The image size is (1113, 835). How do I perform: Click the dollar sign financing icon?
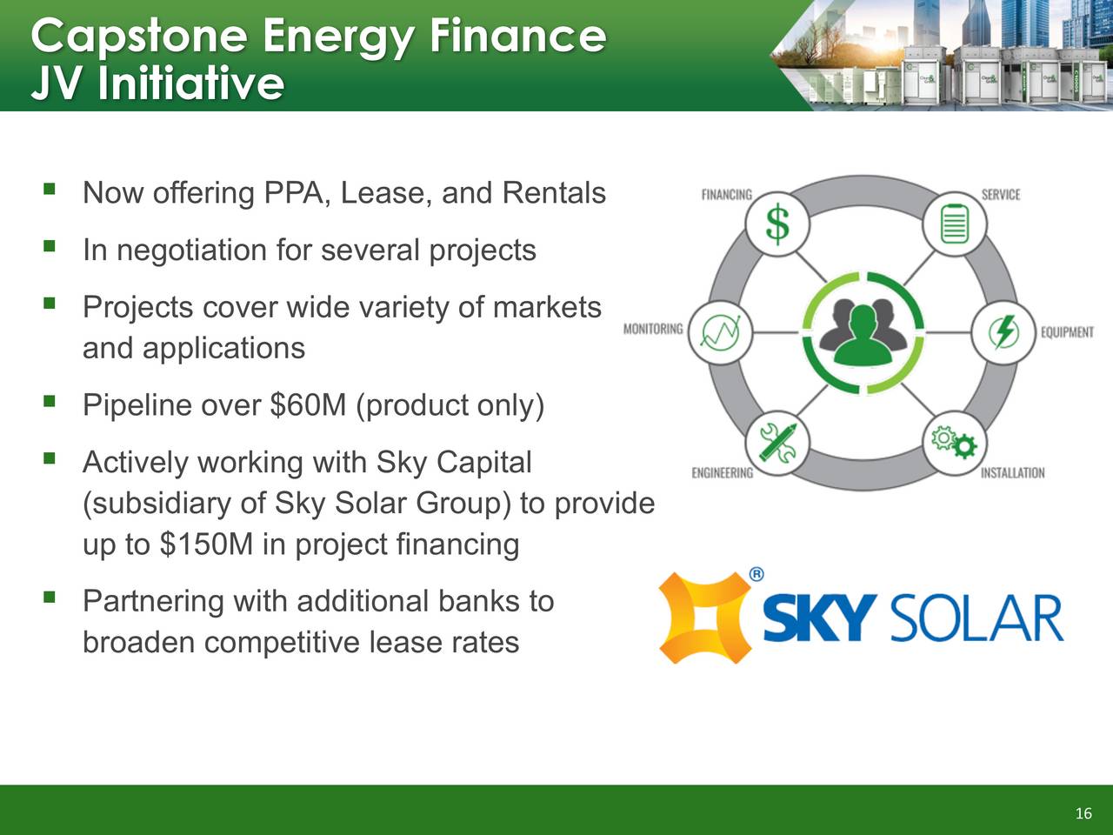click(x=777, y=224)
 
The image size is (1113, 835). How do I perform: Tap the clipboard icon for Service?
click(x=955, y=224)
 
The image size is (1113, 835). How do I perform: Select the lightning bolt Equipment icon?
click(x=1004, y=332)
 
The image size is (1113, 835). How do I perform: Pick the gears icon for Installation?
click(x=955, y=442)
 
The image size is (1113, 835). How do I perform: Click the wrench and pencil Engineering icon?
click(x=778, y=443)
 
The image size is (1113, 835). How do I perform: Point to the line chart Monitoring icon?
click(x=720, y=332)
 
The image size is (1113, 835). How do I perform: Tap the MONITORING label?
click(x=653, y=329)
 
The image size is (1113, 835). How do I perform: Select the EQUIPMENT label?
click(x=1068, y=332)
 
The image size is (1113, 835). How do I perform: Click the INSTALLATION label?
click(x=1013, y=472)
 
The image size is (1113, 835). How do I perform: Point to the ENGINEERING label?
click(x=723, y=472)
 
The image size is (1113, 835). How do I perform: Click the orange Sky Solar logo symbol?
click(x=705, y=618)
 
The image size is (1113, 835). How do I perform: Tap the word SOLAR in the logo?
click(x=976, y=618)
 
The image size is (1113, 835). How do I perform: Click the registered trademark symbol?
click(x=756, y=574)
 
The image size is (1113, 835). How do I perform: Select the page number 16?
click(x=1083, y=813)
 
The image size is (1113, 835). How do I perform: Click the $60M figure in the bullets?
click(x=309, y=404)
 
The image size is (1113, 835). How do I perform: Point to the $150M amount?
click(x=206, y=544)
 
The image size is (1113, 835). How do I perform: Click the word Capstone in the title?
click(x=139, y=37)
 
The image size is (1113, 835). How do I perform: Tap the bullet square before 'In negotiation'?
click(x=50, y=247)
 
